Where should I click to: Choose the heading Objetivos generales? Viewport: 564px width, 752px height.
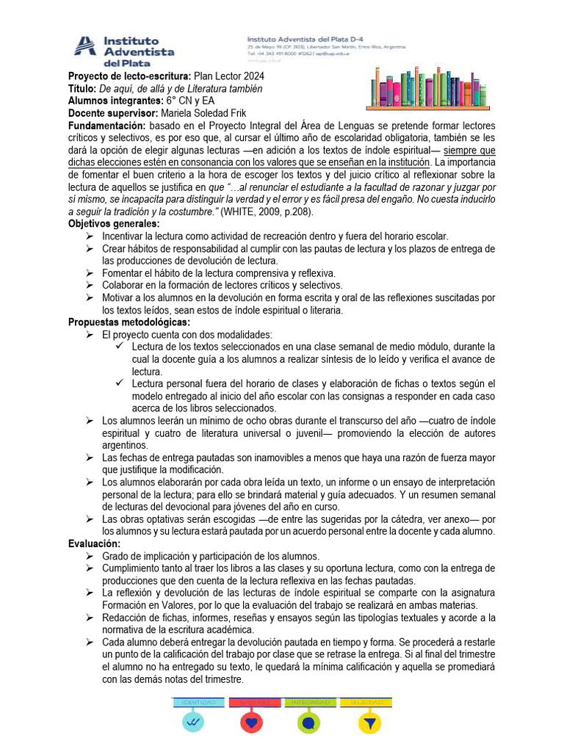(x=114, y=223)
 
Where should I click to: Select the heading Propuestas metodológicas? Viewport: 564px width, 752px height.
(x=129, y=322)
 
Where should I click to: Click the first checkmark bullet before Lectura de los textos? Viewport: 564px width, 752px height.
(x=120, y=347)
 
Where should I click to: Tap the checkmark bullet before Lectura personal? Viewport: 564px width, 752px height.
(x=120, y=384)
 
